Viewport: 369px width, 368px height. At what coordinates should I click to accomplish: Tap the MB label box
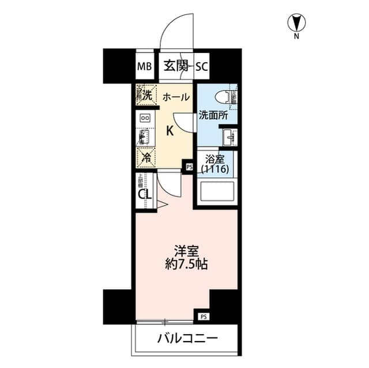click(144, 66)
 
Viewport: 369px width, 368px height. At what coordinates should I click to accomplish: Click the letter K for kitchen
click(170, 131)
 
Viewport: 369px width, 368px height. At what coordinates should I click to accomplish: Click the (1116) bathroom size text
click(216, 169)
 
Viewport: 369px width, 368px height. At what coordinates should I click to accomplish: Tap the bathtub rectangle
click(216, 192)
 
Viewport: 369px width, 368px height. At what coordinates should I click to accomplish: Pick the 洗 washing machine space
click(146, 94)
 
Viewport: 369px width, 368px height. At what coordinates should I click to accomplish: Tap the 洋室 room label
click(186, 252)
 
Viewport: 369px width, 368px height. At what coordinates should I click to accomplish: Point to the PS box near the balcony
click(204, 316)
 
